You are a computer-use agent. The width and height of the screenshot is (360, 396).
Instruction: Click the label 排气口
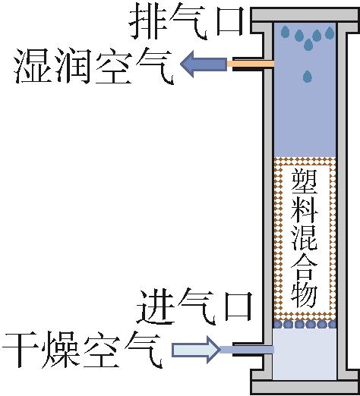(187, 22)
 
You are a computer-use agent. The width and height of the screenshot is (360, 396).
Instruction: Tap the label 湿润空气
(93, 66)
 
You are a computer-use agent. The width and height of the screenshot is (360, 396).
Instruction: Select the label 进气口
(194, 306)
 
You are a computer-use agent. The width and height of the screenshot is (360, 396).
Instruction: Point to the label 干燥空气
(82, 350)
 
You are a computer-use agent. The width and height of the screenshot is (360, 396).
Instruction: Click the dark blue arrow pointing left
(204, 64)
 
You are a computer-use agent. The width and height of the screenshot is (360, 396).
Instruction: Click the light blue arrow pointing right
(195, 350)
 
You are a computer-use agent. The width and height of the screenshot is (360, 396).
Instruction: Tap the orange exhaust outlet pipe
(251, 64)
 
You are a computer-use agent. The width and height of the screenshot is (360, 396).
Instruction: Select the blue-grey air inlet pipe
(247, 350)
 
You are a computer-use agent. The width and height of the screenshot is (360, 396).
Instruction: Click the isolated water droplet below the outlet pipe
(308, 77)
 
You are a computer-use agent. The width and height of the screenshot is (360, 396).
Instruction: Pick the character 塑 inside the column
(305, 181)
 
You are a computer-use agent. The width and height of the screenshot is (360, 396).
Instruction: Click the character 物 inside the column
(305, 294)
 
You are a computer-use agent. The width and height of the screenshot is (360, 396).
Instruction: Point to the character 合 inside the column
(305, 267)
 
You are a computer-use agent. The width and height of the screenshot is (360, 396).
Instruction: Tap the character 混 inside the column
(305, 238)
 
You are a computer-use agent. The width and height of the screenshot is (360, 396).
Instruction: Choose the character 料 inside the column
(305, 210)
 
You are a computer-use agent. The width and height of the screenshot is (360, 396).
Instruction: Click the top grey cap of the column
(305, 15)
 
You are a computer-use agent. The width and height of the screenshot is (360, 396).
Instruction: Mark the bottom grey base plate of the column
(305, 388)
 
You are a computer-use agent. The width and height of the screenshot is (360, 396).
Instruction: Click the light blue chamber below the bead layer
(305, 354)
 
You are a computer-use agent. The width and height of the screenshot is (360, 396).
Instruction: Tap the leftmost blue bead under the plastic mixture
(277, 324)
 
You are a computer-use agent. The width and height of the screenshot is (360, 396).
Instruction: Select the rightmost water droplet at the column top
(330, 33)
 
